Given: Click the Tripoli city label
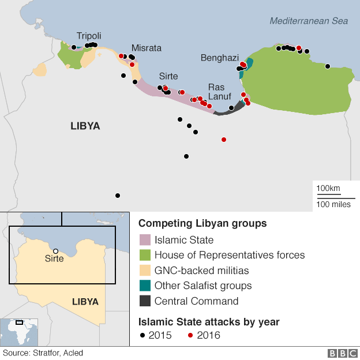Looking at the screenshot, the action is [89, 36].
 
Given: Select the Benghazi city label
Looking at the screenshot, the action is [219, 58].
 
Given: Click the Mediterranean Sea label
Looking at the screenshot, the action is [309, 21].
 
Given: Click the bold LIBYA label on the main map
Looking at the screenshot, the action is [85, 126].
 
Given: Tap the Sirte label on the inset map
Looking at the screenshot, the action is [54, 259].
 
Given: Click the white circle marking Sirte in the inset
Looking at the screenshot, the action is [55, 251].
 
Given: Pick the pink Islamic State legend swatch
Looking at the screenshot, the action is [145, 240].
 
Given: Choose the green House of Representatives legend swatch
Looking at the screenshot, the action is [145, 255].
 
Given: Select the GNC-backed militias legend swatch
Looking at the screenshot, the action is [145, 270].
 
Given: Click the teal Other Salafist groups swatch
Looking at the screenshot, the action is [145, 285].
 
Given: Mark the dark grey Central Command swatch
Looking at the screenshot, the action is [145, 301].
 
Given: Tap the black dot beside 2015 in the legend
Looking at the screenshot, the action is [142, 335].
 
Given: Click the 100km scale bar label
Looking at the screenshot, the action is [328, 189].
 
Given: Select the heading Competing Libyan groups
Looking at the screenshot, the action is [202, 223].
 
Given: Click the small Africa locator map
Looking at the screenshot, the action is [19, 332].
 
